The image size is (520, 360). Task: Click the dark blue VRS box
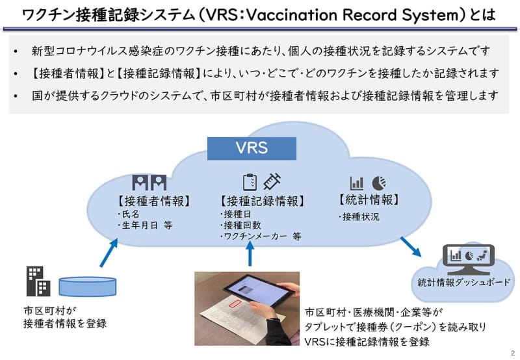click(x=252, y=148)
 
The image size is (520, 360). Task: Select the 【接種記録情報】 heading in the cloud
click(x=262, y=201)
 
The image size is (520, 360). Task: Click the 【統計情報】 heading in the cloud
click(x=369, y=199)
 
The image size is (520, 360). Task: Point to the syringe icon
click(x=272, y=181)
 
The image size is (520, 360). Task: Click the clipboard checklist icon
click(x=250, y=182)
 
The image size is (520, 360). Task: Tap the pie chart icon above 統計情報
click(x=379, y=183)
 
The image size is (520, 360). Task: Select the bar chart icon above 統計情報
click(x=357, y=183)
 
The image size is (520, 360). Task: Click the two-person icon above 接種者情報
click(x=149, y=182)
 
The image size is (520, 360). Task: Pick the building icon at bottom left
click(x=38, y=281)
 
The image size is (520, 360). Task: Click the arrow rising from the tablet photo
click(x=250, y=253)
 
